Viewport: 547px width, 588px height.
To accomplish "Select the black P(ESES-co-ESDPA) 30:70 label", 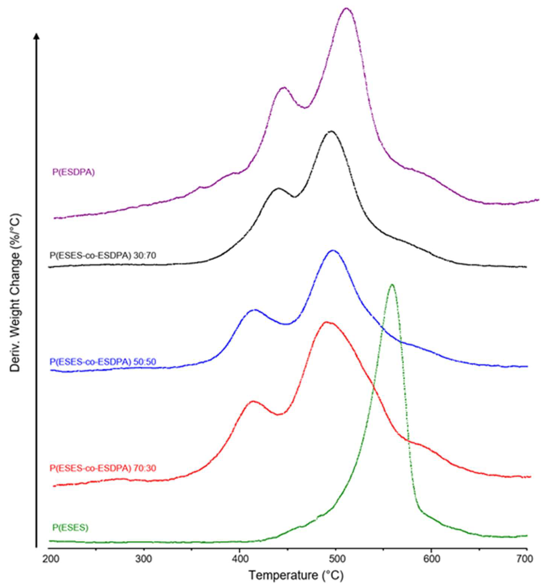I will (x=103, y=255).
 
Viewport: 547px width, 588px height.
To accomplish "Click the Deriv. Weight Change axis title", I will (x=16, y=288).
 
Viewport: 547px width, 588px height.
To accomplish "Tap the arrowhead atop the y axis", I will (x=36, y=36).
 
